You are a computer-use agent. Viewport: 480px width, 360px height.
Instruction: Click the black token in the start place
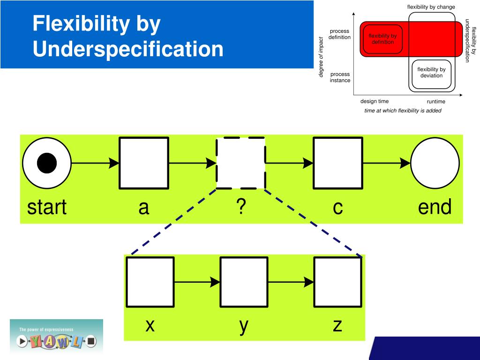click(x=47, y=163)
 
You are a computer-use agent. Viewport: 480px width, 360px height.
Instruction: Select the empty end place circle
click(x=435, y=163)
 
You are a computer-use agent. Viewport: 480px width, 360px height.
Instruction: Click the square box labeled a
click(x=144, y=163)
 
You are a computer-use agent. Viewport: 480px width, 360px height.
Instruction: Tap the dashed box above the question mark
click(x=241, y=163)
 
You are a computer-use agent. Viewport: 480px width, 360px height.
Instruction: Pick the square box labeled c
click(x=338, y=163)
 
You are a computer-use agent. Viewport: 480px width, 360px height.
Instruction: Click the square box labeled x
click(x=150, y=282)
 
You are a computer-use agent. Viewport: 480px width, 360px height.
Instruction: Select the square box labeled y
click(x=244, y=282)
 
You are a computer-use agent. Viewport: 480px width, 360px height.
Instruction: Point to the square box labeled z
click(x=337, y=282)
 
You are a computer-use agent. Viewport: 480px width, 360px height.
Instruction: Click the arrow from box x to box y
click(x=197, y=282)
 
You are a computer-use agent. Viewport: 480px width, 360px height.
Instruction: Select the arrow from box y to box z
click(x=291, y=282)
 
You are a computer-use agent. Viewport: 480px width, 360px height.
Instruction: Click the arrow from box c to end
click(x=387, y=163)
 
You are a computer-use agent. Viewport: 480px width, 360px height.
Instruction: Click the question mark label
click(x=241, y=207)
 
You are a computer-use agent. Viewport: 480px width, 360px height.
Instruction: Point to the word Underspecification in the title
click(x=128, y=49)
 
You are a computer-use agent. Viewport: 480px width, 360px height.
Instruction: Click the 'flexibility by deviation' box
click(x=431, y=73)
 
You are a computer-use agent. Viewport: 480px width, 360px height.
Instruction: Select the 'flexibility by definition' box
click(x=382, y=39)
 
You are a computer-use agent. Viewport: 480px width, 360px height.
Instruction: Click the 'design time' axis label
click(x=374, y=101)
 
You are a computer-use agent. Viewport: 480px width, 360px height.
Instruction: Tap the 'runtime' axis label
click(x=436, y=101)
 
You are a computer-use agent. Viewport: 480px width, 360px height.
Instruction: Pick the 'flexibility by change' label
click(x=431, y=7)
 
